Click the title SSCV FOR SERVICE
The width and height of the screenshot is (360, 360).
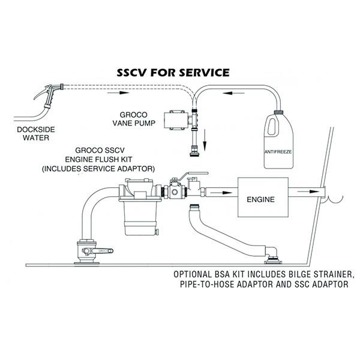(173, 73)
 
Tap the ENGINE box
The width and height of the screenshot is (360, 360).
(263, 197)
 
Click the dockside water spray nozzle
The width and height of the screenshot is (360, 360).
(49, 96)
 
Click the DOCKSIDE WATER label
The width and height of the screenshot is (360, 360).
(36, 134)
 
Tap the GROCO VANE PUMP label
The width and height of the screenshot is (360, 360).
(134, 119)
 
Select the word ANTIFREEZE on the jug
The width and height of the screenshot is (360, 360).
(278, 152)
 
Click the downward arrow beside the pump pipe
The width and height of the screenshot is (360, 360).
(205, 140)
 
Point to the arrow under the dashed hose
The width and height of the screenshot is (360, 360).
(118, 93)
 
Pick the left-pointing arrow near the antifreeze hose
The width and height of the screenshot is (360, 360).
(234, 93)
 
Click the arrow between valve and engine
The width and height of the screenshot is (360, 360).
(221, 193)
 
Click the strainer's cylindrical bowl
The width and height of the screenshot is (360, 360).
(140, 218)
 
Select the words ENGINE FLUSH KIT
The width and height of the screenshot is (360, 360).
(98, 160)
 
